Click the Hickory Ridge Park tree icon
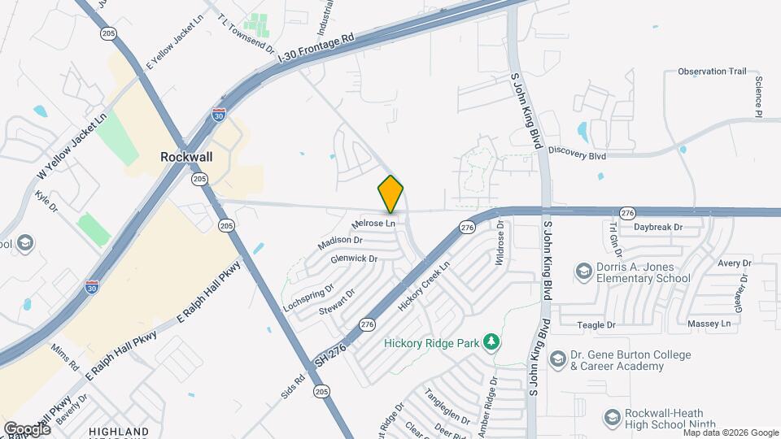tap(491, 342)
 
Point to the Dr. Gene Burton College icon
tap(557, 359)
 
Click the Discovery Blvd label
tap(578, 150)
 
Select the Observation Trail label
tap(712, 72)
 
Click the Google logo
tap(27, 428)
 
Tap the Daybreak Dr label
tap(657, 227)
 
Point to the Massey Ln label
tap(710, 324)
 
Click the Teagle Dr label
tap(596, 324)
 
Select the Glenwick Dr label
tap(354, 259)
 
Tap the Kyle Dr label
tap(47, 202)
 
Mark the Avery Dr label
tap(734, 263)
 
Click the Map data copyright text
tap(729, 433)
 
